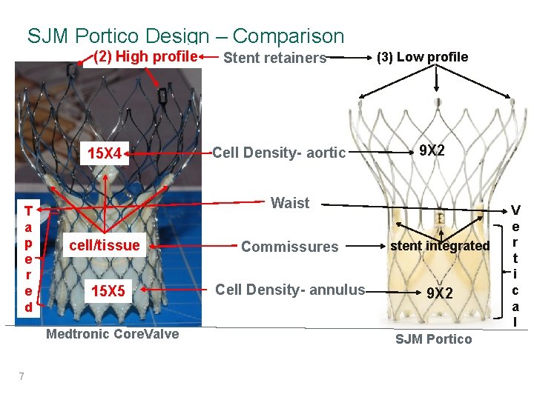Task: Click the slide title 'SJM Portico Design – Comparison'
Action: pos(185,36)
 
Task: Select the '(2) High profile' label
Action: pos(145,56)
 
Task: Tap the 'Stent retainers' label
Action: pos(274,58)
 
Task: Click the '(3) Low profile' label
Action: pos(423,57)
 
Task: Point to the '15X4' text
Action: pos(105,155)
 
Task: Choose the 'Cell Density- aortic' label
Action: pos(279,153)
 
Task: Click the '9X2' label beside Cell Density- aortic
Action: pos(432,151)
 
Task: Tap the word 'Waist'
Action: pos(290,203)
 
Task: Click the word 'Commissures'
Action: pos(289,247)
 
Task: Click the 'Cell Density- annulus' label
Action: pos(290,290)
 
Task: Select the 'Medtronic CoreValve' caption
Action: pos(113,334)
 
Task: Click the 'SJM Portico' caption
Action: pos(433,339)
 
